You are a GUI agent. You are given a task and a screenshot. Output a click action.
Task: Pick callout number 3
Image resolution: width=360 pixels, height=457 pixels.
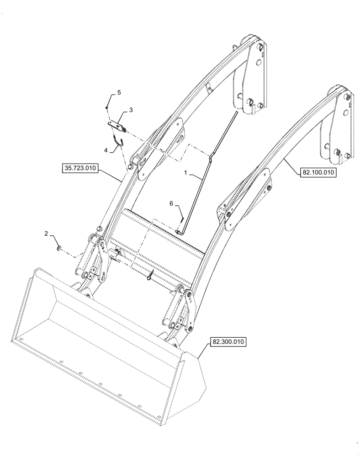pyautogui.click(x=131, y=110)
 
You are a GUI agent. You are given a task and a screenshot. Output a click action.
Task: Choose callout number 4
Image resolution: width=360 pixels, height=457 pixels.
pyautogui.click(x=106, y=150)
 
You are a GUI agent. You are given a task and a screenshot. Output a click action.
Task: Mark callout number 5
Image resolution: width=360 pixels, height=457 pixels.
pyautogui.click(x=119, y=92)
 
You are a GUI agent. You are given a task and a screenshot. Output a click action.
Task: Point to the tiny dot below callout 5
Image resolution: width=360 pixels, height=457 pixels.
pyautogui.click(x=106, y=108)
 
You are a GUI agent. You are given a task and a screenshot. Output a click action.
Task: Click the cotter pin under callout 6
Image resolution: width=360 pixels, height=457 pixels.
pyautogui.click(x=182, y=220)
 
